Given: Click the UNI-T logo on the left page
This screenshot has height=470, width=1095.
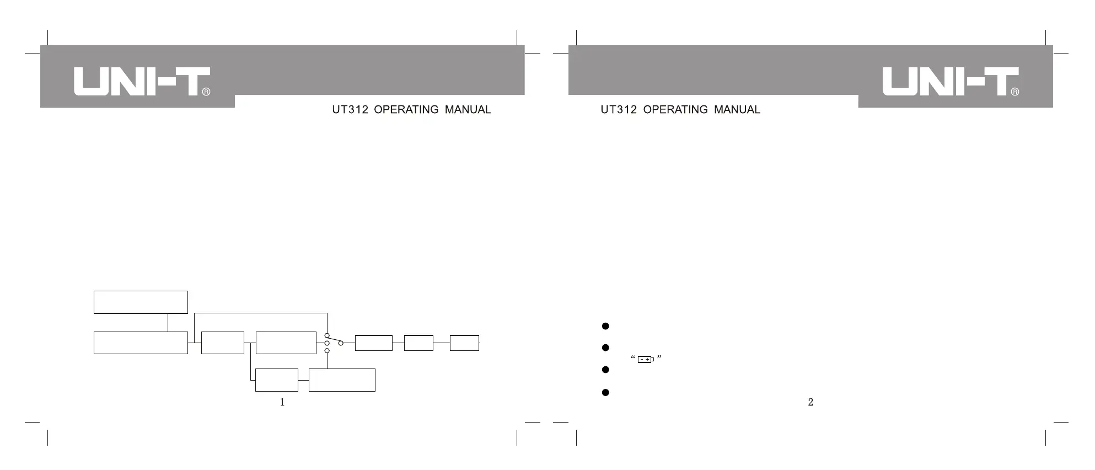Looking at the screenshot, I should pyautogui.click(x=142, y=82).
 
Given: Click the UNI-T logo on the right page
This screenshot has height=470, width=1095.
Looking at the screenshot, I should pyautogui.click(x=950, y=82).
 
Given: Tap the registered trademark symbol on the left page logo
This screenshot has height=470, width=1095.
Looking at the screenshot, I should pyautogui.click(x=206, y=92).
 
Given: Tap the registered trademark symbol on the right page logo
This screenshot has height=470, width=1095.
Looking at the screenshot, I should pyautogui.click(x=1015, y=92).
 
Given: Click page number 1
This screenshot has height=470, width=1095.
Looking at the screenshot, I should pyautogui.click(x=282, y=402).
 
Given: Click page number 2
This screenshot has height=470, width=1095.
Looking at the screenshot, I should pyautogui.click(x=810, y=402).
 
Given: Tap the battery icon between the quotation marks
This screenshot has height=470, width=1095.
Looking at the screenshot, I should pyautogui.click(x=646, y=360).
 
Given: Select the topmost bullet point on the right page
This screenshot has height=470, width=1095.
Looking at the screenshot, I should pyautogui.click(x=605, y=326).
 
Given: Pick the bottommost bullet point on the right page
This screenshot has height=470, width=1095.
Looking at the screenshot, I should pyautogui.click(x=605, y=393).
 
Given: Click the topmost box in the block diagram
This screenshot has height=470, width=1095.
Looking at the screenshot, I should pyautogui.click(x=141, y=302).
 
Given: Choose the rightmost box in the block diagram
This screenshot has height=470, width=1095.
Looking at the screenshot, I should pyautogui.click(x=464, y=343).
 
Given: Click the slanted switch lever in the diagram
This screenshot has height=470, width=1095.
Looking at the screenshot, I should pyautogui.click(x=334, y=339).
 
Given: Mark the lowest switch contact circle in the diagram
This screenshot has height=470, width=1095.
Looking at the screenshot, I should pyautogui.click(x=327, y=351).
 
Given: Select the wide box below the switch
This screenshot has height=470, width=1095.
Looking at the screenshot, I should pyautogui.click(x=342, y=380).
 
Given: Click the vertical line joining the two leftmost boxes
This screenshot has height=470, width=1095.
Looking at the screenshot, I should pyautogui.click(x=168, y=322).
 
